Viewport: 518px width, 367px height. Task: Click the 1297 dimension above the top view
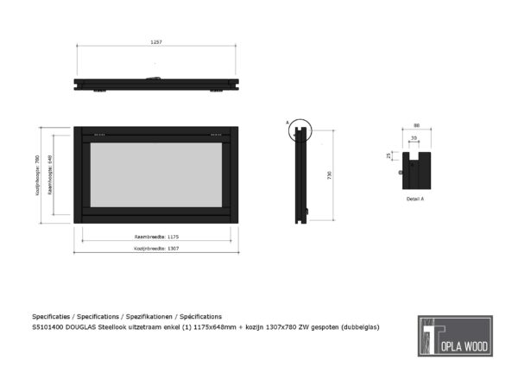(155, 41)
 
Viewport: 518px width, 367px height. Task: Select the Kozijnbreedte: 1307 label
(156, 248)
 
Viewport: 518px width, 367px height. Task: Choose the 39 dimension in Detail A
(414, 138)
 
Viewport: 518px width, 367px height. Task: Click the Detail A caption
(415, 199)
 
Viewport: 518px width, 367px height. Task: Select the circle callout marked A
(299, 130)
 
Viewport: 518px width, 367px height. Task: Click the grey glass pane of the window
(156, 174)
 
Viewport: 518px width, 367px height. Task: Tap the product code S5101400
(47, 327)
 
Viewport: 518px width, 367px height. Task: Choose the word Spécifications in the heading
(199, 316)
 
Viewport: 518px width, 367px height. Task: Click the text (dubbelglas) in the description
(360, 327)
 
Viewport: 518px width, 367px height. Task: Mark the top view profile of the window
(156, 84)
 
